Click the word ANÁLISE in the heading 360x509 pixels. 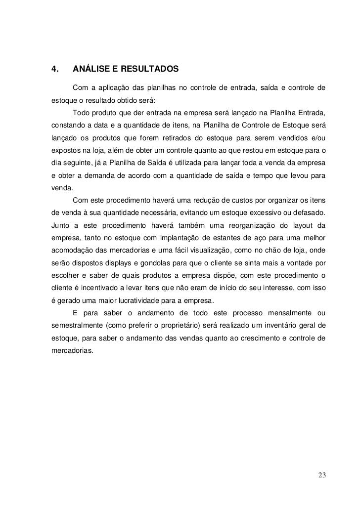[x=91, y=68]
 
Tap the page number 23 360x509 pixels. [x=322, y=476]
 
